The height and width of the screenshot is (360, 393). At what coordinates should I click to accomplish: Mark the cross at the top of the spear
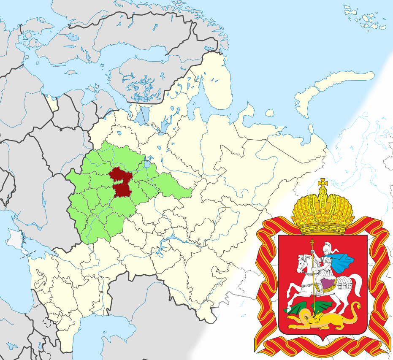point(312,243)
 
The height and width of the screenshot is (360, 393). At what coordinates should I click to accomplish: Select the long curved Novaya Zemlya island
point(333,84)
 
